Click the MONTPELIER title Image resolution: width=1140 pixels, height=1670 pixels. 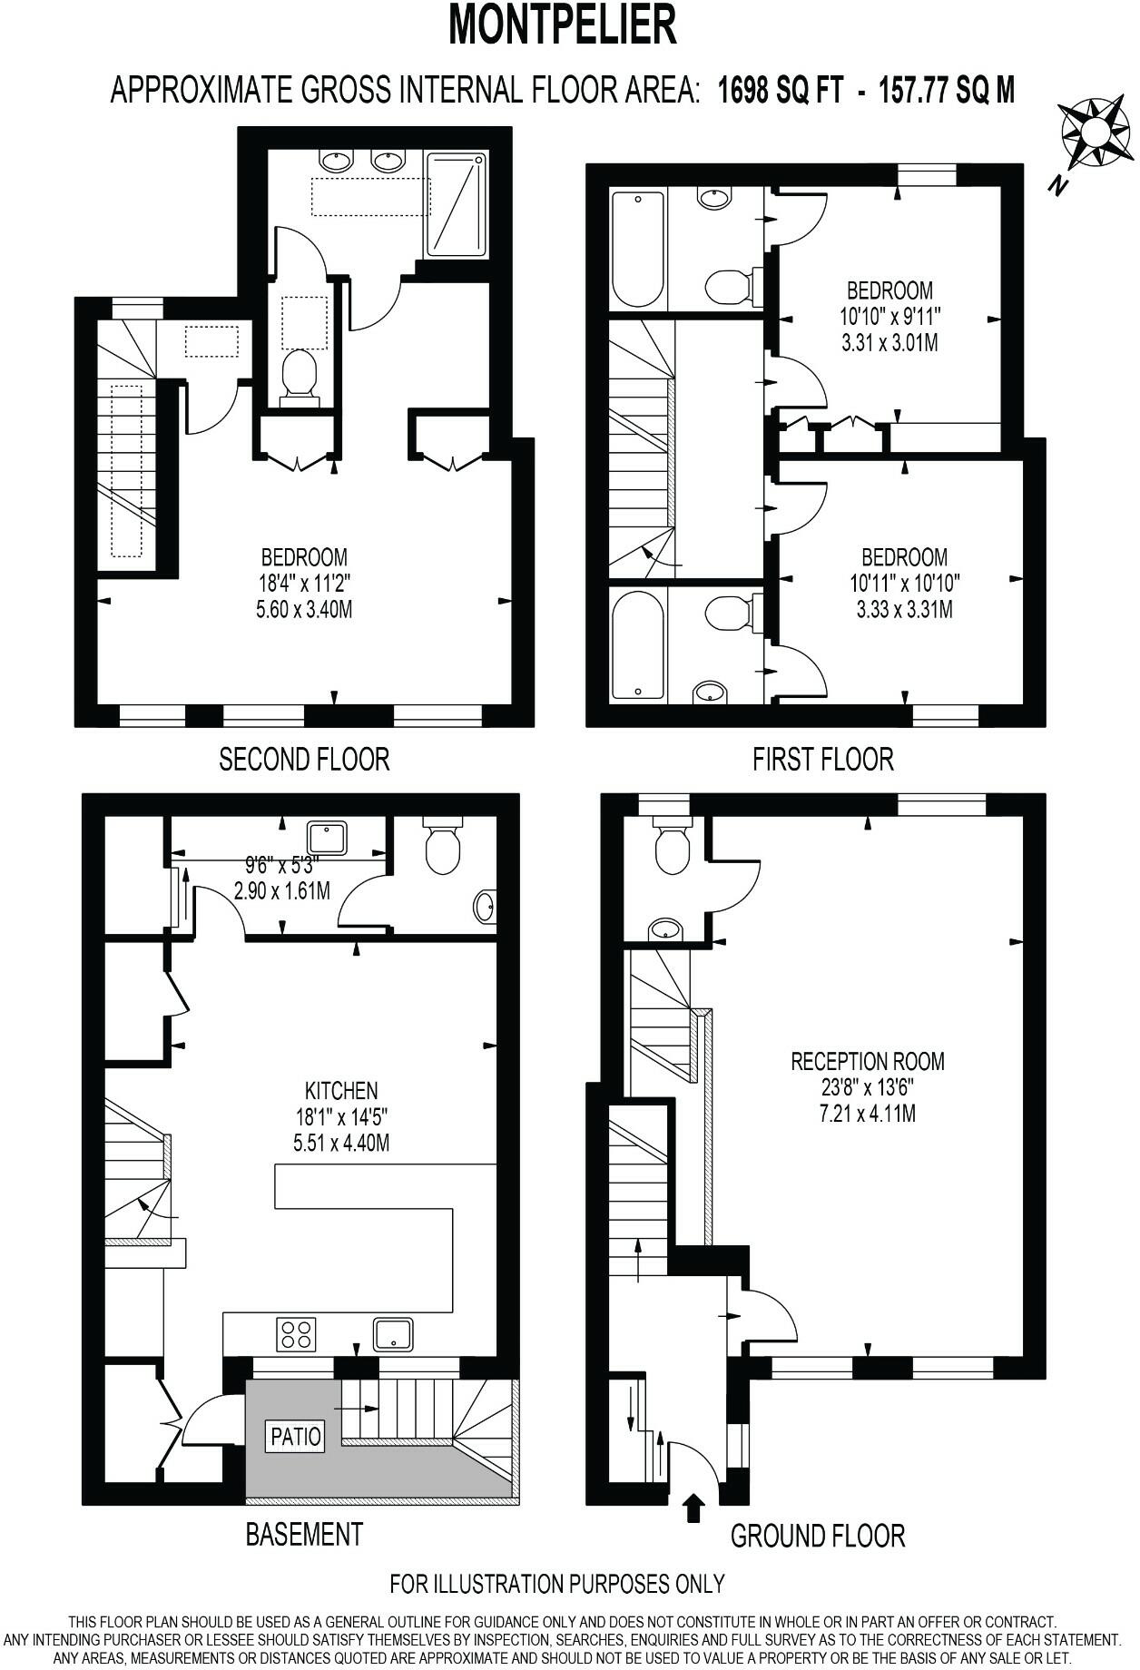[563, 25]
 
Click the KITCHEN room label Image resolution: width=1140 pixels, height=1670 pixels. [341, 1090]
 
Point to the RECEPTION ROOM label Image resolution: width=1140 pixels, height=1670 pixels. [867, 1061]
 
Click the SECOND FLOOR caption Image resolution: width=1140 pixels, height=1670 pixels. [304, 759]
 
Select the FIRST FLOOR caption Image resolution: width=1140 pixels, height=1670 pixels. [822, 759]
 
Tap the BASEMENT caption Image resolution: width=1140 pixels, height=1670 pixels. [304, 1534]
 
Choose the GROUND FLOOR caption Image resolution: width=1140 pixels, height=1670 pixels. [818, 1536]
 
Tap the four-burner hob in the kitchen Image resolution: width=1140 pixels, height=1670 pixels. [297, 1334]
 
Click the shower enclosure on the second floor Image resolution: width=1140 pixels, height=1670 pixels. [457, 204]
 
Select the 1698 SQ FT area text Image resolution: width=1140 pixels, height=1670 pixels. [781, 91]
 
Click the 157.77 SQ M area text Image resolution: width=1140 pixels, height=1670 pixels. [946, 91]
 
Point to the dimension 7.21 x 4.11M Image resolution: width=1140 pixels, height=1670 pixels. [867, 1113]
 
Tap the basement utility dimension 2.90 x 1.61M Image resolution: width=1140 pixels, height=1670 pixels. [281, 890]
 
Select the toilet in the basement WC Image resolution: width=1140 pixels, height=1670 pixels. [443, 846]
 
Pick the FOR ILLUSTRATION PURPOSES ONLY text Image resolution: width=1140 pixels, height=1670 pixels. [557, 1584]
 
